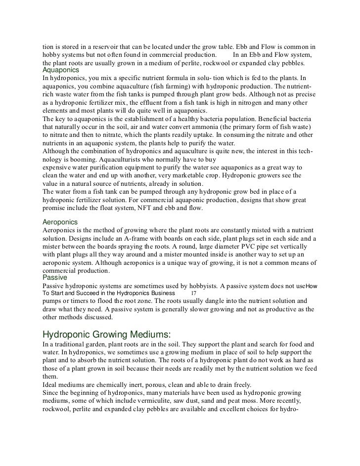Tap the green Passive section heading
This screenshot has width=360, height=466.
(x=55, y=278)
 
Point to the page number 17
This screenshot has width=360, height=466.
(x=193, y=293)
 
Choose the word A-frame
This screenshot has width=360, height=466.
(x=128, y=239)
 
